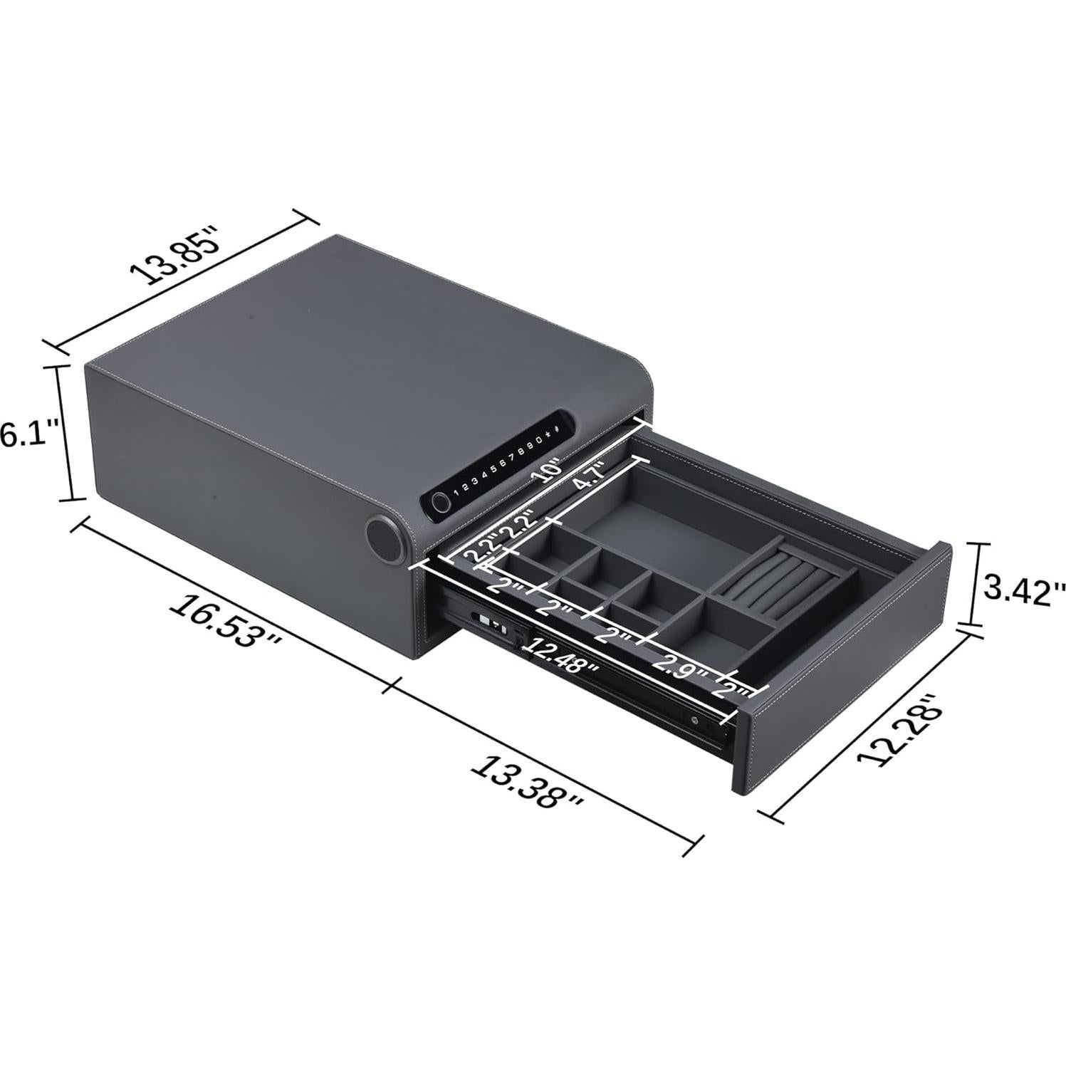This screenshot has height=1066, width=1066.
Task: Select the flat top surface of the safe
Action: (x=356, y=342)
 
